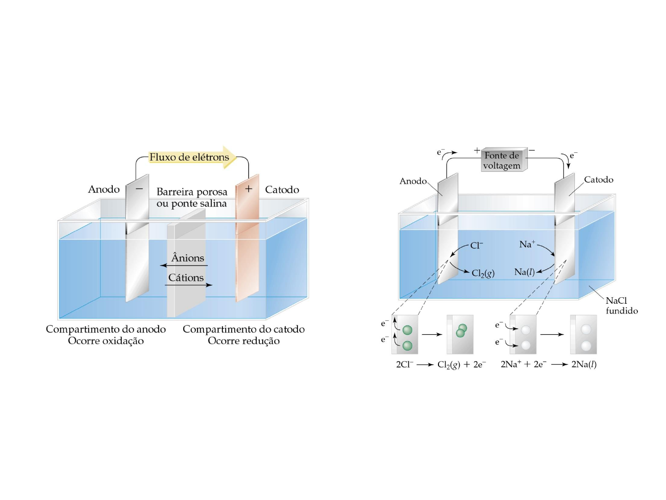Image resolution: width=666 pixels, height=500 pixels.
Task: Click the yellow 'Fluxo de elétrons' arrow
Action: click(x=192, y=157)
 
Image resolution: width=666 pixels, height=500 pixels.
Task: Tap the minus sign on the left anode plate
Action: click(x=139, y=189)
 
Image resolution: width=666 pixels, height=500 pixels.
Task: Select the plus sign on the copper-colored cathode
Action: click(x=248, y=189)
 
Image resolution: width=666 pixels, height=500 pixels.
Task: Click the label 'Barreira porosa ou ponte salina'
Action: click(x=192, y=198)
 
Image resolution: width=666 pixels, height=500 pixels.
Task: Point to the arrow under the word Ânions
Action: click(x=184, y=266)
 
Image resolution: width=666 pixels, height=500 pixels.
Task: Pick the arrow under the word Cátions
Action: click(x=188, y=285)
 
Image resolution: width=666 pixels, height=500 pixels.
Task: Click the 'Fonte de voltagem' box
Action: click(x=504, y=160)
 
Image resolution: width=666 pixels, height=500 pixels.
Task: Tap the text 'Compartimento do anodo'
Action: click(x=106, y=329)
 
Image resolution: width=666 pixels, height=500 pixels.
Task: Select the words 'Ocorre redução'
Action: click(x=244, y=341)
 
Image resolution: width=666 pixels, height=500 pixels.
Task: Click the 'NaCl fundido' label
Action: click(x=622, y=306)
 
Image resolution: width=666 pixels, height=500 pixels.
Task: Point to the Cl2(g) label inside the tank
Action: click(x=483, y=274)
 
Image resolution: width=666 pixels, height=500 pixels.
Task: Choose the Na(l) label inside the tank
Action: click(x=524, y=272)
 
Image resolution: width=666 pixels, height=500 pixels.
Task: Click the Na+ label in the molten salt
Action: click(x=527, y=244)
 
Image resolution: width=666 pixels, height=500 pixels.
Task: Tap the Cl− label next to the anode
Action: click(x=477, y=245)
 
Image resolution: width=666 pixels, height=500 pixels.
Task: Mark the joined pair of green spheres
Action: click(x=461, y=331)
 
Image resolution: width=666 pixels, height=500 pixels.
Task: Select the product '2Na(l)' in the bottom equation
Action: click(x=584, y=364)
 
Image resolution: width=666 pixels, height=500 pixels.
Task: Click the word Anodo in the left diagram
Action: click(x=104, y=189)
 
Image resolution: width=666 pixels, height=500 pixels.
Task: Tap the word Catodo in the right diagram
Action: click(x=598, y=180)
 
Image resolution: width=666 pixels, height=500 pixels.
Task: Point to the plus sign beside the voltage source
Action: click(x=477, y=150)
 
